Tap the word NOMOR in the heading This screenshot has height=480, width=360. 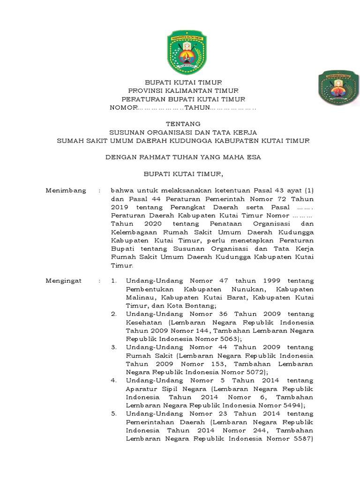(122, 108)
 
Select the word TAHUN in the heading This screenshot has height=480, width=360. (198, 108)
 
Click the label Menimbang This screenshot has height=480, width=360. (66, 190)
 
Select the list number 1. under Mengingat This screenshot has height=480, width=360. (114, 280)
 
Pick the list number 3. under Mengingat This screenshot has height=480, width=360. (114, 347)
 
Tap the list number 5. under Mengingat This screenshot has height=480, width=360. (114, 414)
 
